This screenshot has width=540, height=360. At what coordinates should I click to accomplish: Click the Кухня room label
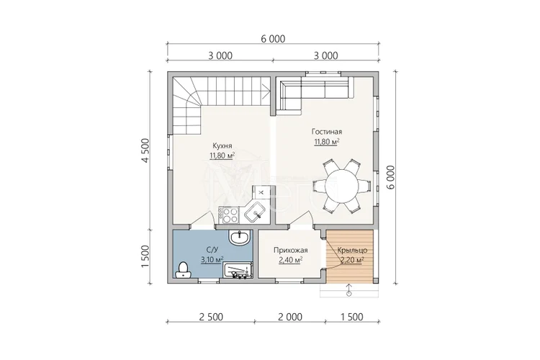222,145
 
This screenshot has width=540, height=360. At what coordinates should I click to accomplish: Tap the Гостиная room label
327,132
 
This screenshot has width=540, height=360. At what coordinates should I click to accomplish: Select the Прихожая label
291,251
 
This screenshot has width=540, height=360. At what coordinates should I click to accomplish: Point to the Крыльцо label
352,251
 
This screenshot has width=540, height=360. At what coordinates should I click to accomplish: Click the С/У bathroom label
212,249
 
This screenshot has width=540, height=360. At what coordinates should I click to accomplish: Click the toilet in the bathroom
183,270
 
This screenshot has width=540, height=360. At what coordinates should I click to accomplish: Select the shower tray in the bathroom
238,270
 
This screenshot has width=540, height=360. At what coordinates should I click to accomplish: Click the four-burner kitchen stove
230,215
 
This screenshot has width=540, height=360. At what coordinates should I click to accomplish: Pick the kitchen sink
256,211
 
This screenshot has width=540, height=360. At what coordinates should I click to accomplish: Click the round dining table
342,186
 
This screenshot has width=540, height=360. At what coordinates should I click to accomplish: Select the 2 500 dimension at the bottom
211,317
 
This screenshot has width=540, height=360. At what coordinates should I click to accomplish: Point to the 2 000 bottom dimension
290,317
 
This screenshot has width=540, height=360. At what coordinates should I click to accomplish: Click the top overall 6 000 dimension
273,39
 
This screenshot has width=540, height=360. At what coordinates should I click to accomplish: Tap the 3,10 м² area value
212,259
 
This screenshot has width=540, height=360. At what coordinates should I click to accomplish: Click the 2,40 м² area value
291,260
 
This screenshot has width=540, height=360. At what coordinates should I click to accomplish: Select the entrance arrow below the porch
349,290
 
